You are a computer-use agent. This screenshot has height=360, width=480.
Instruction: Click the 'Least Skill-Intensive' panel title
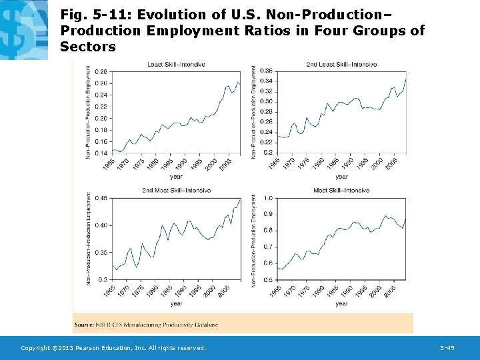[176, 65]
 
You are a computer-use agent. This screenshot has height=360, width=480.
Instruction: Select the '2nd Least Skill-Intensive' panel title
[341, 65]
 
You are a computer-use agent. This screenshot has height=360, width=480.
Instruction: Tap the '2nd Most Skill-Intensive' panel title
[176, 191]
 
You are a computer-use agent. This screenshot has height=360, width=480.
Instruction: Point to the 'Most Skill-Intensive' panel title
[341, 191]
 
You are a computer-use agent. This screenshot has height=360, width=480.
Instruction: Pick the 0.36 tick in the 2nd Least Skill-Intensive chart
[265, 71]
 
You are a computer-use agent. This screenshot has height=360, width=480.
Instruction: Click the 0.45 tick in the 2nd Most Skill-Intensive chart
[101, 198]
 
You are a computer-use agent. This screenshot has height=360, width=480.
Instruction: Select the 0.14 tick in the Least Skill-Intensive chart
[101, 153]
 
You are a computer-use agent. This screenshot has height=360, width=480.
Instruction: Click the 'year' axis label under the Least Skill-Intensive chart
[176, 177]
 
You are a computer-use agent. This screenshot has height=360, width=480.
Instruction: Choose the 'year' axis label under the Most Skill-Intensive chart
[341, 303]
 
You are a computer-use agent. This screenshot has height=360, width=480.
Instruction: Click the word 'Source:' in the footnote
[83, 325]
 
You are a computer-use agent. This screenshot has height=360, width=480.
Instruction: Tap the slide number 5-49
[447, 348]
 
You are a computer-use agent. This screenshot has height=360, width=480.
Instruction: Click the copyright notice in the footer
[113, 348]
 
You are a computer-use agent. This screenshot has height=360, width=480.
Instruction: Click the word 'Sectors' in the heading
[87, 47]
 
